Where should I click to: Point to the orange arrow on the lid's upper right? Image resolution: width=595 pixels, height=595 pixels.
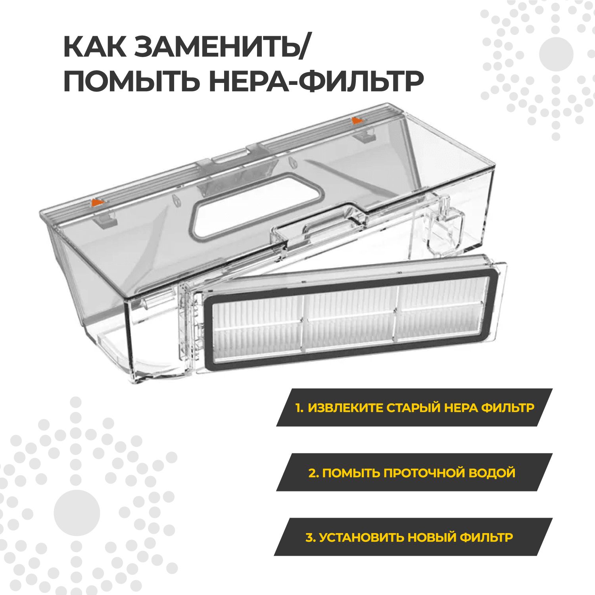click(357, 119)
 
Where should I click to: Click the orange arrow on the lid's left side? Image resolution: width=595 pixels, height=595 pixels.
click(97, 202)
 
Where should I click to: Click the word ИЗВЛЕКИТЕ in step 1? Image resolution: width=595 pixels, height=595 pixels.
click(345, 408)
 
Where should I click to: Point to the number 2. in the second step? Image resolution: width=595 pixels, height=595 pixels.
click(313, 473)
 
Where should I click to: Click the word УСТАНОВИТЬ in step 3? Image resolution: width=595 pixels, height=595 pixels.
click(361, 537)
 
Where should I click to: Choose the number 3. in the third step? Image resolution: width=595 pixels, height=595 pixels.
click(310, 537)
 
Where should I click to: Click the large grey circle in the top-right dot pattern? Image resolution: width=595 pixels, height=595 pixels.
click(556, 53)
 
